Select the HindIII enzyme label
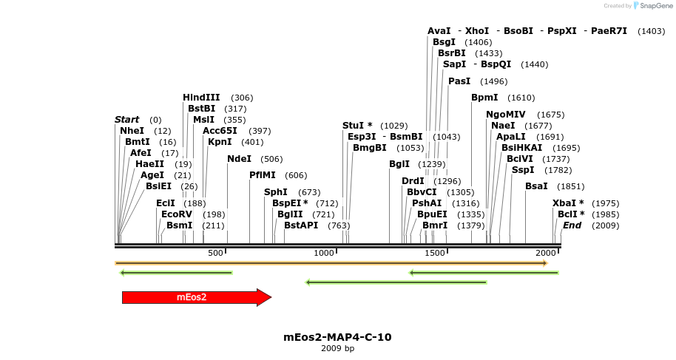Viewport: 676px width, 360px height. coord(201,98)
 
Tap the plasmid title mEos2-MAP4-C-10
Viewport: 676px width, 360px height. coord(337,337)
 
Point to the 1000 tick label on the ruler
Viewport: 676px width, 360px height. coord(324,254)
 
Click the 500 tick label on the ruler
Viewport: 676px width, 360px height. coord(215,254)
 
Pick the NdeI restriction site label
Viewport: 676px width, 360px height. coord(239,159)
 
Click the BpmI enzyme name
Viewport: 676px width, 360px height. coord(484,98)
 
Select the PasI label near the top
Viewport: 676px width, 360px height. coord(459,81)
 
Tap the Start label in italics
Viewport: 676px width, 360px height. coord(126,120)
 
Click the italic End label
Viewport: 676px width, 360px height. coord(572,225)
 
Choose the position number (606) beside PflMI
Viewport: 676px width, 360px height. coord(296,175)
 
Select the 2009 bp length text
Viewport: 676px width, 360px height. coord(337,348)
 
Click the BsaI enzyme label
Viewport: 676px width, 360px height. coord(536,186)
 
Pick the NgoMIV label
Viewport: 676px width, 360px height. coord(505,115)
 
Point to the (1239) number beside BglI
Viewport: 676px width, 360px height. coord(432,164)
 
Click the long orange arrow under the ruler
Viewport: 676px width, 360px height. coord(331,263)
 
